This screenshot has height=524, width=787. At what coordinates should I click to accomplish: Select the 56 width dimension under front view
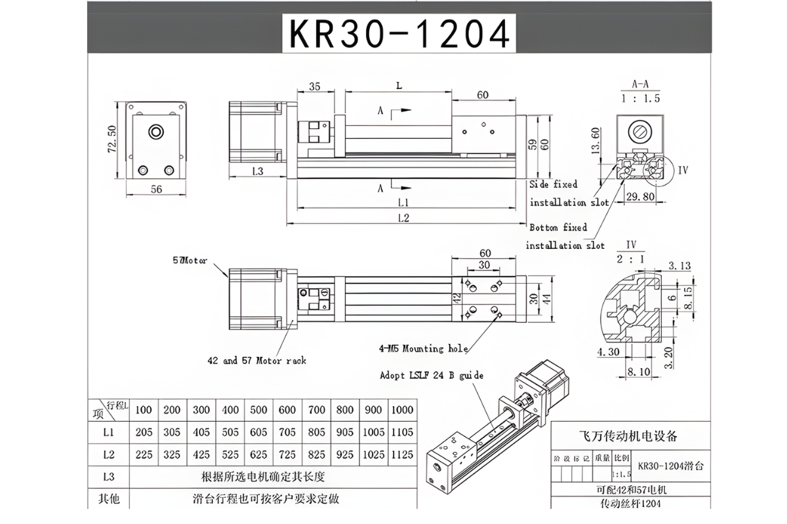point(156,189)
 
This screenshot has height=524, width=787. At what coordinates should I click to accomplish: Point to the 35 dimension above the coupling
point(314,86)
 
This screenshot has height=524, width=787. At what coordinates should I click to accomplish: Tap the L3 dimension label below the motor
point(257,171)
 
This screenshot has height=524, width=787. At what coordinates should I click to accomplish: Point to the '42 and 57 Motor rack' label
point(256,360)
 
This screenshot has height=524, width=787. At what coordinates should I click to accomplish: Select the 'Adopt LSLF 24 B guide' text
point(432,375)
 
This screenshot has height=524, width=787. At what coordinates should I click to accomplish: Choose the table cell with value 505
point(230,432)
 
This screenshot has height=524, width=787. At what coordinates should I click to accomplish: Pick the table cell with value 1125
point(401,454)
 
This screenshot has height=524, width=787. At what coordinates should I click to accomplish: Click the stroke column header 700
point(316,410)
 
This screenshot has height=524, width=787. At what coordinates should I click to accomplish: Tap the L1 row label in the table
point(109,432)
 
